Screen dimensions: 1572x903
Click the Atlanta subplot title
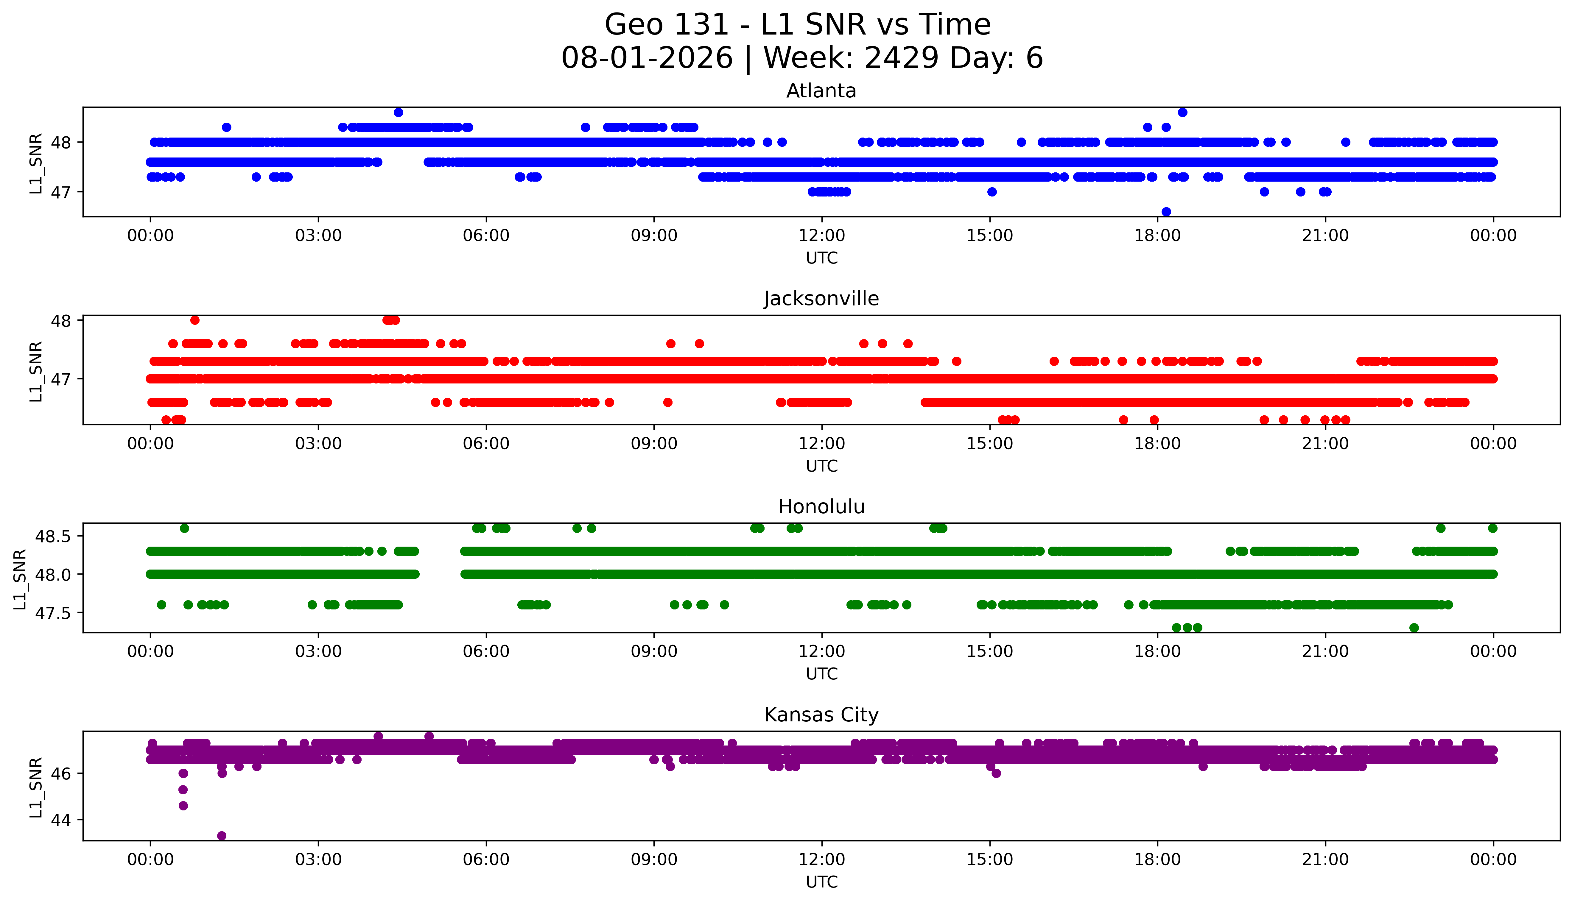[821, 91]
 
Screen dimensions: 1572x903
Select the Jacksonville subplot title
[821, 299]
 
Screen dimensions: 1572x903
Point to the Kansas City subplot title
[821, 715]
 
